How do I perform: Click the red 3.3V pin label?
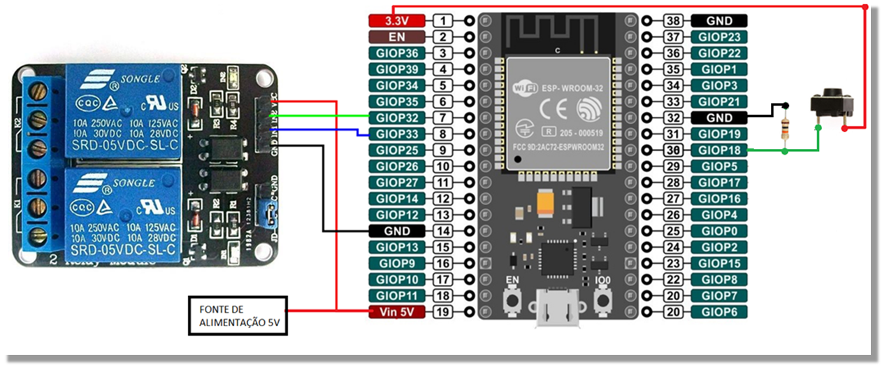coord(396,21)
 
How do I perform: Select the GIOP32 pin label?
coord(396,118)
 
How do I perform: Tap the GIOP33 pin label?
coord(396,134)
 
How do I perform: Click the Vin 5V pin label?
coord(396,312)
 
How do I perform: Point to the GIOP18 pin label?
coord(719,150)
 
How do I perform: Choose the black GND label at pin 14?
coord(396,231)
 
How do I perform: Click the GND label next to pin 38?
coord(719,21)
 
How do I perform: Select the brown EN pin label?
coord(396,37)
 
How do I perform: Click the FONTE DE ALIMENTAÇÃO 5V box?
coord(238,316)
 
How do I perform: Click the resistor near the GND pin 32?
coord(786,129)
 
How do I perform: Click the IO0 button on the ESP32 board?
coord(602,300)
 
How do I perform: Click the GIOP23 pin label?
coord(719,37)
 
